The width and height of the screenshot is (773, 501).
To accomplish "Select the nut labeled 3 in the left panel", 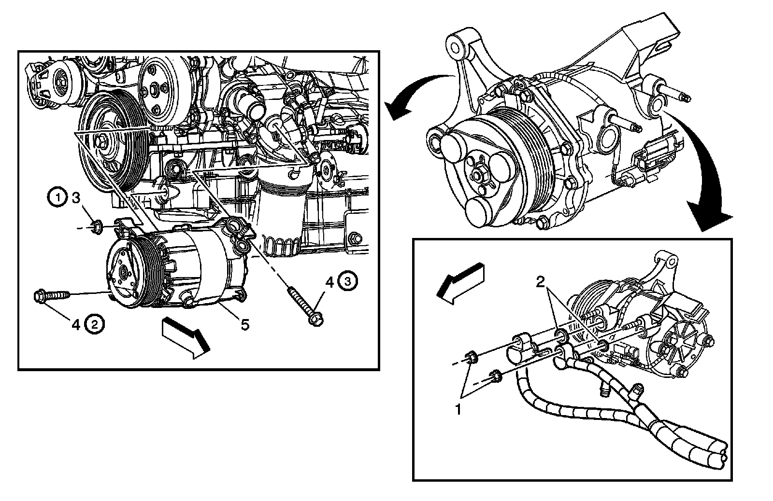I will pos(96,225).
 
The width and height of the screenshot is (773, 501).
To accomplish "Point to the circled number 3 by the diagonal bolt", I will pos(348,281).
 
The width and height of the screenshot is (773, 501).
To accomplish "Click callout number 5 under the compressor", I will pos(245,325).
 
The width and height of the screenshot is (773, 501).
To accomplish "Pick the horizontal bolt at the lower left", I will pos(48,295).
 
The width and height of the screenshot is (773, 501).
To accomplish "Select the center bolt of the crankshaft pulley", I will pos(103,141).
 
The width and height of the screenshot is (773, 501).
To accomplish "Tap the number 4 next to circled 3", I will pos(329,282).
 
